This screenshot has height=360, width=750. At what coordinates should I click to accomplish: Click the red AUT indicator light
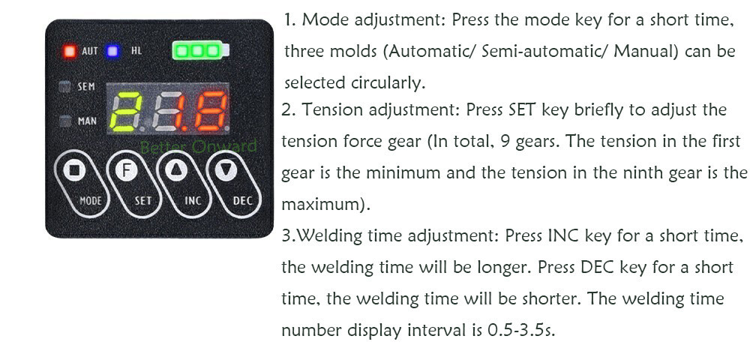[x=70, y=51]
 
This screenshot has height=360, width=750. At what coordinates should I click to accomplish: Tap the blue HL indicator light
[x=113, y=51]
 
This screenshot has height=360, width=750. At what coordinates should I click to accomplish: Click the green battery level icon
[x=200, y=51]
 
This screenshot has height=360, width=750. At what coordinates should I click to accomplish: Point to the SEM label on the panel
[x=86, y=87]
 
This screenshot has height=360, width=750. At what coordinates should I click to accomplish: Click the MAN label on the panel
[x=87, y=121]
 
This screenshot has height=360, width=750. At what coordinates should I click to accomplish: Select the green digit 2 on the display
[x=126, y=112]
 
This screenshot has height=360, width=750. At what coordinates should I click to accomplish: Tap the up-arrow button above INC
[x=176, y=170]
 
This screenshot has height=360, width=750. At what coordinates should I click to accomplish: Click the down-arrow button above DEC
[x=226, y=170]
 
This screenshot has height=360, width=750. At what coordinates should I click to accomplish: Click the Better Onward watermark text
[x=198, y=146]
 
